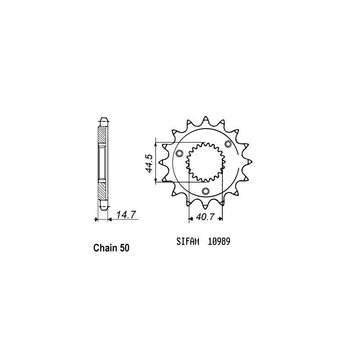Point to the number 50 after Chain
[125, 248]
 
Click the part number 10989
[219, 241]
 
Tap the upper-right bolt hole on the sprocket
[228, 144]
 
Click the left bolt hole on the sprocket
[180, 154]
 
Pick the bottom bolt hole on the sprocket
[206, 192]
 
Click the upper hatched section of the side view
[103, 135]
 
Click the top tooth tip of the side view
[103, 121]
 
